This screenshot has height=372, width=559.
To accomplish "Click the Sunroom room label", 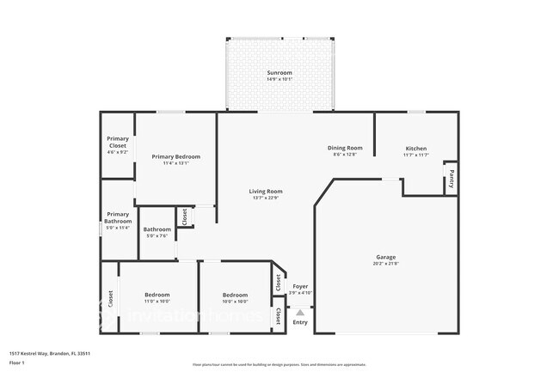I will pyautogui.click(x=279, y=72).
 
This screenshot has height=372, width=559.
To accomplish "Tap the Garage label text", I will pyautogui.click(x=385, y=257).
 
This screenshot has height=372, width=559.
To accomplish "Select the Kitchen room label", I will pyautogui.click(x=416, y=148).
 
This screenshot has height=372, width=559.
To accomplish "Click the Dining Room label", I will pyautogui.click(x=344, y=148).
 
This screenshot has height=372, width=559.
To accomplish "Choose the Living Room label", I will pyautogui.click(x=267, y=191).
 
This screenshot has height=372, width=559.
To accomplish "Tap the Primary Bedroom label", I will pyautogui.click(x=176, y=156).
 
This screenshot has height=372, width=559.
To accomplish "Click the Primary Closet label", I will pyautogui.click(x=117, y=143).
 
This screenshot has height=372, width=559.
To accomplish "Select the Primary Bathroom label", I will pyautogui.click(x=118, y=218).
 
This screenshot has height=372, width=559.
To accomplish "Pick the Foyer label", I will pyautogui.click(x=300, y=286).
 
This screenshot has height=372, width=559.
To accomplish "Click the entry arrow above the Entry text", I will pyautogui.click(x=300, y=313).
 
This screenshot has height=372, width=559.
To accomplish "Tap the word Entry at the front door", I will pyautogui.click(x=300, y=322).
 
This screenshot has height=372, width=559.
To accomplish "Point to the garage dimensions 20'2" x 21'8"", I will pyautogui.click(x=385, y=264).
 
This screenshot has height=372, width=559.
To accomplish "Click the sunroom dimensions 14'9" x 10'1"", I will pyautogui.click(x=279, y=79).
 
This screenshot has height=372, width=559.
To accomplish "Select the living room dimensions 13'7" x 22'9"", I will pyautogui.click(x=267, y=198).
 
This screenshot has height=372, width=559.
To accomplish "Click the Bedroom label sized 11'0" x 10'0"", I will pyautogui.click(x=157, y=294).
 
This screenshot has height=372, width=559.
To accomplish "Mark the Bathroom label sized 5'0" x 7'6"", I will pyautogui.click(x=157, y=229).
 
